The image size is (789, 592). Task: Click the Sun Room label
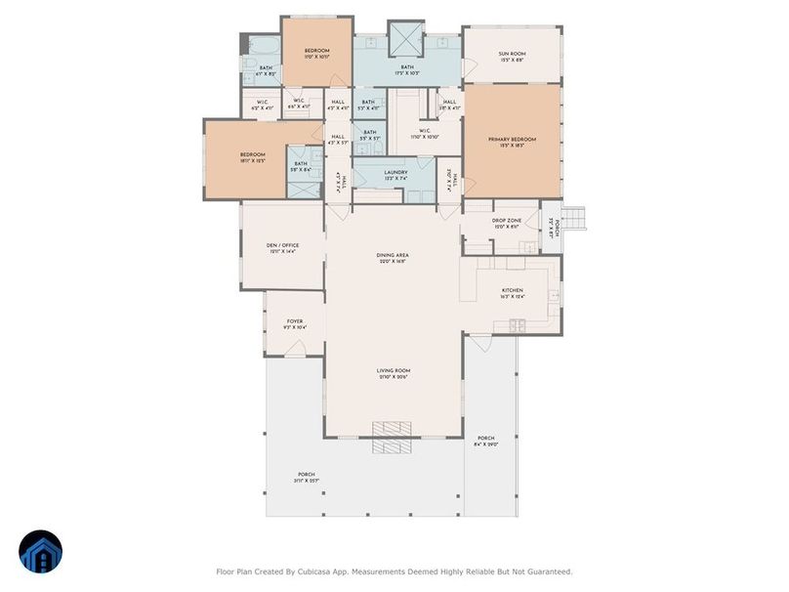point(511,55)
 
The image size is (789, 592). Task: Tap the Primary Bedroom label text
point(513,140)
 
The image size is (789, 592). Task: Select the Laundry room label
point(394,173)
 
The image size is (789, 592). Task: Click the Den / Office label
point(281,246)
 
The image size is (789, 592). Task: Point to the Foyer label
point(294,321)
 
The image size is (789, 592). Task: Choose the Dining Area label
point(392,256)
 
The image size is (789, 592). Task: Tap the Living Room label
point(394,371)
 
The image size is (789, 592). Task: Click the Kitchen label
point(513,291)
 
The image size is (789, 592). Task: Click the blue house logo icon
point(40,552)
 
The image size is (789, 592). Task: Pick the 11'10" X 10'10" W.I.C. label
point(426,137)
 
